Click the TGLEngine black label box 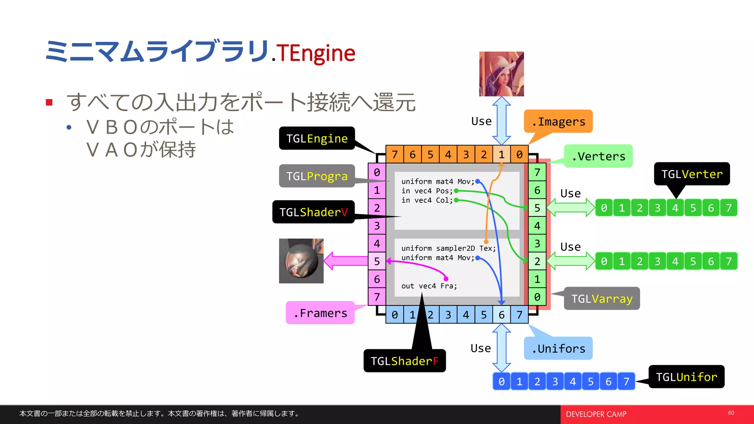(317, 138)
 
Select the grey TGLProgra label (317, 176)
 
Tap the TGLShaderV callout (313, 212)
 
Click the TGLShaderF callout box (404, 361)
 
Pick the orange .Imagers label (558, 121)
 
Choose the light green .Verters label (598, 156)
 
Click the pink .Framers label (320, 313)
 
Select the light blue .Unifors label (558, 348)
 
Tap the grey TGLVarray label (602, 298)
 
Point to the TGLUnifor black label (686, 377)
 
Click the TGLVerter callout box (692, 174)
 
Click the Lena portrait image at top (501, 74)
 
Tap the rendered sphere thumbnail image (301, 261)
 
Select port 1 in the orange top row (501, 155)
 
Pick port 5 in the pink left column (377, 261)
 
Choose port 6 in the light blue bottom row (501, 315)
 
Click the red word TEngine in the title (316, 53)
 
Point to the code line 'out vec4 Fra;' (429, 286)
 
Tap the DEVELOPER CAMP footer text (596, 414)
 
